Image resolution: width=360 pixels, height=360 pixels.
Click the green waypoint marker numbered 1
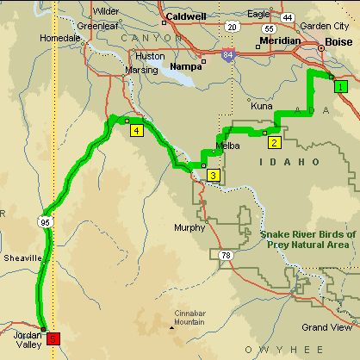(341, 85)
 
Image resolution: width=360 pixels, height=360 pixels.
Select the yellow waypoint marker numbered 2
(274, 142)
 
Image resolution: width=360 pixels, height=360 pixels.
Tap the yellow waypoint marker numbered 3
(214, 176)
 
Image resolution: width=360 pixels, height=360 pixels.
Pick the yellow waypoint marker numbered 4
(136, 131)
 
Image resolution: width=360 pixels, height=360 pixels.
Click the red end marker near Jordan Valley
(53, 338)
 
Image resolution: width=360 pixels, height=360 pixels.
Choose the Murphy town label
(190, 228)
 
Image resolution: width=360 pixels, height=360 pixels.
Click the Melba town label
(227, 146)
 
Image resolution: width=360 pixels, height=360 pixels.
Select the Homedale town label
(59, 39)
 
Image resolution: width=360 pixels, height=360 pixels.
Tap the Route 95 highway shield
(43, 222)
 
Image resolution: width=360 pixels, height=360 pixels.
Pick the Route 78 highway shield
(226, 256)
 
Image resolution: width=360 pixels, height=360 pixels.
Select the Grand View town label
(326, 328)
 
